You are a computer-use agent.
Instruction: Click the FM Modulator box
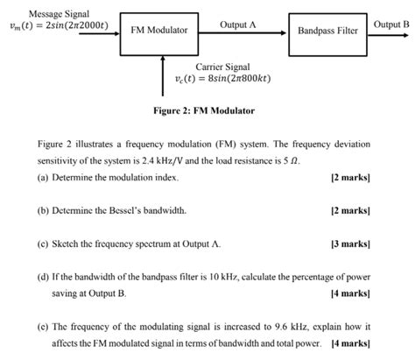pyautogui.click(x=159, y=30)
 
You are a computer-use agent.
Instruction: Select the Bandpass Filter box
pyautogui.click(x=327, y=30)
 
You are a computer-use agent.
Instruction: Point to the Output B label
pyautogui.click(x=391, y=23)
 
